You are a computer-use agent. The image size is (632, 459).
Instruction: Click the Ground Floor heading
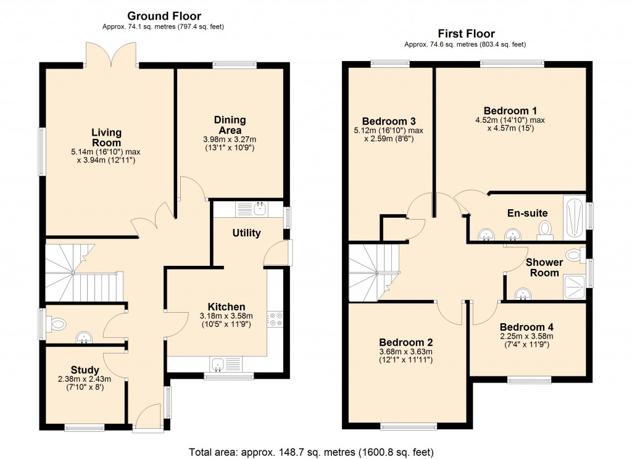pyautogui.click(x=164, y=15)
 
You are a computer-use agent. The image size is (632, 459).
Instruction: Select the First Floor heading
pyautogui.click(x=466, y=34)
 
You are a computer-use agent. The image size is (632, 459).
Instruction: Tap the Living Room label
pyautogui.click(x=106, y=137)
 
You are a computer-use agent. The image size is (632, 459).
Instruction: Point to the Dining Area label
pyautogui.click(x=230, y=125)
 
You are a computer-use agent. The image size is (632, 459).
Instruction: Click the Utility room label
pyautogui.click(x=246, y=233)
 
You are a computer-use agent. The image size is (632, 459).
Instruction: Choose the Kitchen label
pyautogui.click(x=227, y=307)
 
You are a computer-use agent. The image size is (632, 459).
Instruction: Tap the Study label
pyautogui.click(x=85, y=370)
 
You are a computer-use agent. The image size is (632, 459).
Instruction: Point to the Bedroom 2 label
pyautogui.click(x=405, y=342)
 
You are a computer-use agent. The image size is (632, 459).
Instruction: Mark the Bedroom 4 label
pyautogui.click(x=526, y=327)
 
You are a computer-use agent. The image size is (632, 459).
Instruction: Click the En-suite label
pyautogui.click(x=527, y=213)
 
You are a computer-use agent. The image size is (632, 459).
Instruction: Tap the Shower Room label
pyautogui.click(x=543, y=267)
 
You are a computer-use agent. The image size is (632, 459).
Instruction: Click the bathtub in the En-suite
pyautogui.click(x=573, y=218)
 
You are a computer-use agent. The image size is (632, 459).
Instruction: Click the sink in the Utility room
pyautogui.click(x=258, y=209)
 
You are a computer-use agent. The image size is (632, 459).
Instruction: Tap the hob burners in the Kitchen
pyautogui.click(x=275, y=318)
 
